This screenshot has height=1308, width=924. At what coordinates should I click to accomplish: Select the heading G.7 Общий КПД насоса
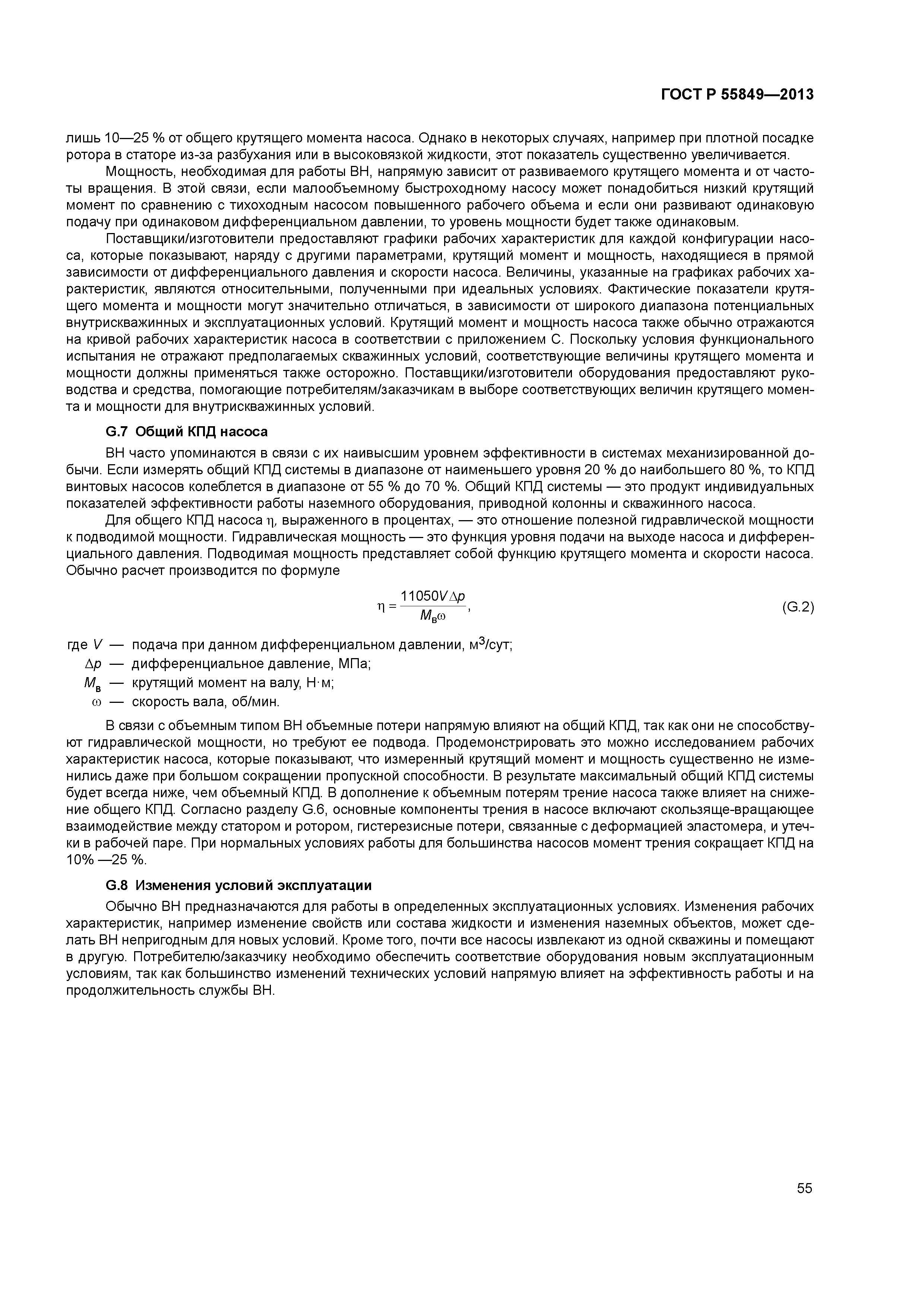(x=187, y=432)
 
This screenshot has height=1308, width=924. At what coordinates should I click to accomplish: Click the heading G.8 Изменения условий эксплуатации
(x=238, y=885)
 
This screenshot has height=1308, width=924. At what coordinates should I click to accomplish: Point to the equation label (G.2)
(x=798, y=607)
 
